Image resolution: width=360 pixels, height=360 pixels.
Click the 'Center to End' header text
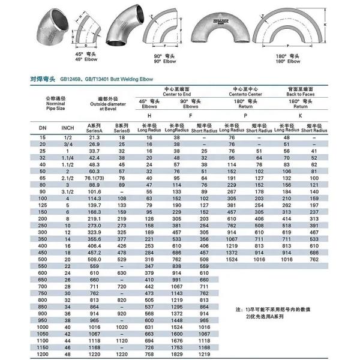tap(178, 94)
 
